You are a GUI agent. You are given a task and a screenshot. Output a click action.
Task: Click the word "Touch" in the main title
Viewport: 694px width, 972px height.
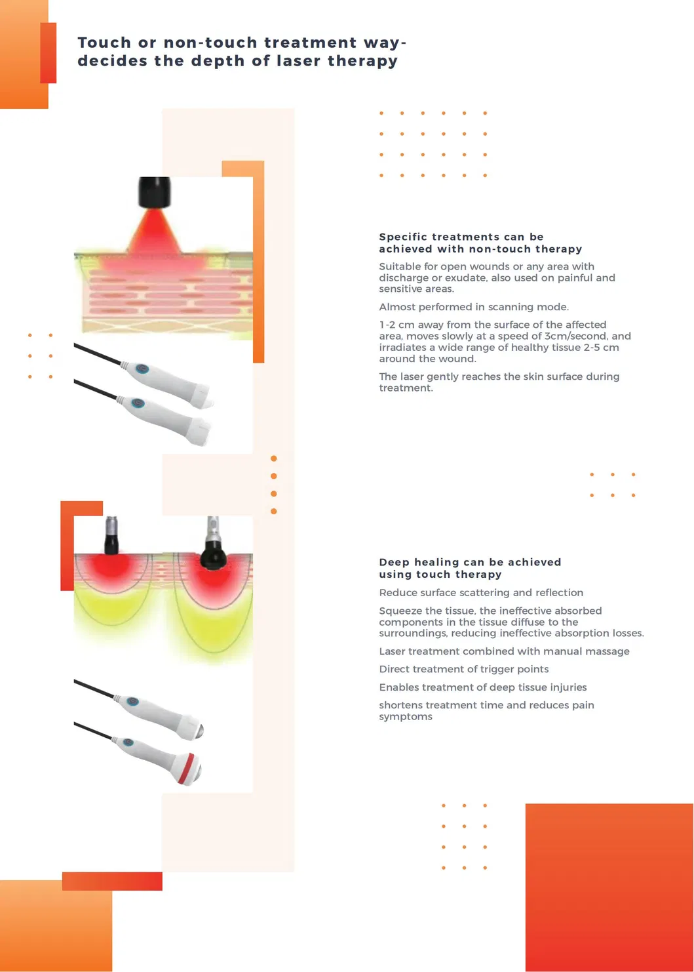104,43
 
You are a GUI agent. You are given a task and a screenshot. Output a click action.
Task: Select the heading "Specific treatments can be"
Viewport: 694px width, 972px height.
461,237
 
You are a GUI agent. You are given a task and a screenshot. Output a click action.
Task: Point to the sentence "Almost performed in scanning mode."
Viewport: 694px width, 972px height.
474,307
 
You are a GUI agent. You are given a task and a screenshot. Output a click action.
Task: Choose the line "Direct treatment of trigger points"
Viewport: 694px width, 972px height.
464,669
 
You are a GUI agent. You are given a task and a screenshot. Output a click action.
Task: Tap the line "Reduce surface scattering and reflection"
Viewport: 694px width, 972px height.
481,593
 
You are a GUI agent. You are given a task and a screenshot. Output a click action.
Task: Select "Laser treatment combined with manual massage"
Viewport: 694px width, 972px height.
504,651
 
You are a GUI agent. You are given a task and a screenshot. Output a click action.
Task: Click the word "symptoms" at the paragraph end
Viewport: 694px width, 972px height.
406,716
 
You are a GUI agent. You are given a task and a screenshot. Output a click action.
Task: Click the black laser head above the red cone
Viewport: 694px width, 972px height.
154,192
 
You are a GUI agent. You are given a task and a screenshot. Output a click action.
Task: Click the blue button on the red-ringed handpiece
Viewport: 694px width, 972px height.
127,742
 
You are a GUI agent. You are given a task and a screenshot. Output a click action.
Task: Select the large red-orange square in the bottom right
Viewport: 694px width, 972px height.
609,887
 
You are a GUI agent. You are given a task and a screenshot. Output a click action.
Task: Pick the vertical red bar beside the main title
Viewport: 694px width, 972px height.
48,52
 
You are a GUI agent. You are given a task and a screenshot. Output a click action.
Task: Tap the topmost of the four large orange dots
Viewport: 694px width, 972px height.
273,458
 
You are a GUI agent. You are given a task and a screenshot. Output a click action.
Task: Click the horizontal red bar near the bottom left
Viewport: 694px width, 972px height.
112,881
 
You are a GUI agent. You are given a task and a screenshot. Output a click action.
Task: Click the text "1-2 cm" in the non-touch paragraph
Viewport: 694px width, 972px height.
396,325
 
